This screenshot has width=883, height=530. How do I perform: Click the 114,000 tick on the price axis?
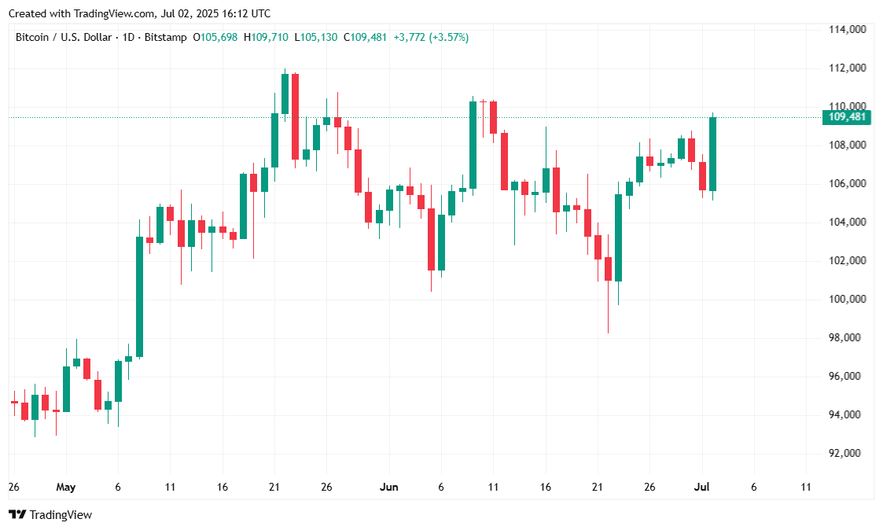848,29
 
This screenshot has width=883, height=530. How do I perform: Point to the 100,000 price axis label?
848,299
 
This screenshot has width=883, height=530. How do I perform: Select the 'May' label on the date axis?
66,487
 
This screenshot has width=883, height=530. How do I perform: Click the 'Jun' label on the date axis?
388,487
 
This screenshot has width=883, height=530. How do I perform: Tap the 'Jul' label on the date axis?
702,487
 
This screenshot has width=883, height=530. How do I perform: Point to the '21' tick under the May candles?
274,487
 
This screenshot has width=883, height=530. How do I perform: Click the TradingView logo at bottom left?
50,514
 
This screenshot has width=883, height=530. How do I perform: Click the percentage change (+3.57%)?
448,37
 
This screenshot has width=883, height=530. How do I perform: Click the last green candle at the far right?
712,153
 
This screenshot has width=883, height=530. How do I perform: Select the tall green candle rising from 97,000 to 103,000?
139,296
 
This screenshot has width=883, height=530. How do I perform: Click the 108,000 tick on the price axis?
848,145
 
